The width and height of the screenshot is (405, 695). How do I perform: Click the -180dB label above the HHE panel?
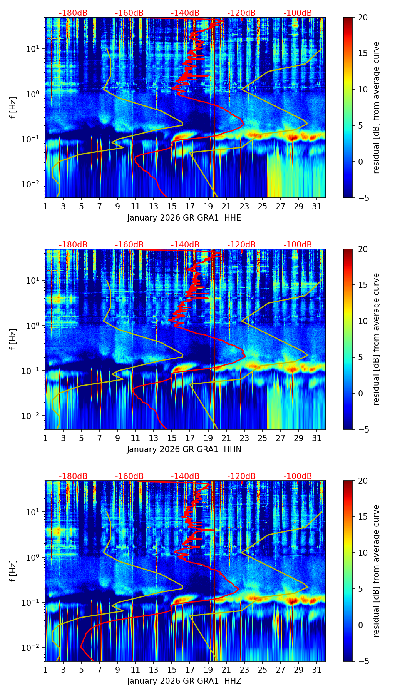click(x=73, y=13)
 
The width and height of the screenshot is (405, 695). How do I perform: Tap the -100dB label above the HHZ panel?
click(x=298, y=476)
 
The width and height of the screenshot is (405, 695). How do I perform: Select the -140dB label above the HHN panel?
click(x=185, y=245)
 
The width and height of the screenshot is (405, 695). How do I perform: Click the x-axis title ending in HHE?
click(x=184, y=218)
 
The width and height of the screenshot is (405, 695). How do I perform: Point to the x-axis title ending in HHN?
click(x=184, y=449)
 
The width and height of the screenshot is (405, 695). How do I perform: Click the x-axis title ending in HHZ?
click(x=184, y=681)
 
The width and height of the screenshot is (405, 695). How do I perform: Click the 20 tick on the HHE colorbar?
click(x=363, y=18)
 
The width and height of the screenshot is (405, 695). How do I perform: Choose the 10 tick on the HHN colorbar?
click(x=363, y=321)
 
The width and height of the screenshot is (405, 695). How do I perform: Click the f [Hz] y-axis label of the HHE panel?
click(x=13, y=108)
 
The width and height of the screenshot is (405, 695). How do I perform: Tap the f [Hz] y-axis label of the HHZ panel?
click(x=13, y=571)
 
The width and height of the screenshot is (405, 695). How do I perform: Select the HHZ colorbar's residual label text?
click(x=377, y=571)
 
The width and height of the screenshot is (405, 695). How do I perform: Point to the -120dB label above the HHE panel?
click(x=241, y=13)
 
